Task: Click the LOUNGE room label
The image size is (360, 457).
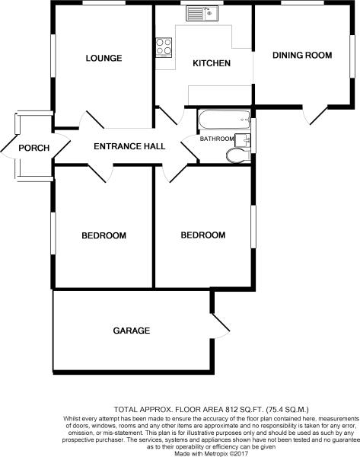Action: [x=104, y=58]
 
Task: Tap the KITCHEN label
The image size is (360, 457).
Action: [x=212, y=63]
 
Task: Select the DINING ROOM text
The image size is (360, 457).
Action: [x=302, y=55]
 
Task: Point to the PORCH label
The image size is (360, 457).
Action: [x=34, y=148]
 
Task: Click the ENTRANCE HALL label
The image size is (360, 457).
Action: [x=129, y=146]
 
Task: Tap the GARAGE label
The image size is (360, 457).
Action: [x=132, y=331]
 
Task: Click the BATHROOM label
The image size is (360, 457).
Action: [x=217, y=139]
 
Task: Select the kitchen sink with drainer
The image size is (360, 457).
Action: [x=202, y=14]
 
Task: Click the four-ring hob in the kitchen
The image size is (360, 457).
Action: [x=164, y=47]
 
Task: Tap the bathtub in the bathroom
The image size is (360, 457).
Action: [x=224, y=120]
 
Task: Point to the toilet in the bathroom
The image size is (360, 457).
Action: [x=238, y=155]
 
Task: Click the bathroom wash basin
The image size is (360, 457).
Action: [x=243, y=140]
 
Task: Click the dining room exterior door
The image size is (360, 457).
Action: [x=315, y=115]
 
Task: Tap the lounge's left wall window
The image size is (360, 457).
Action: [x=53, y=56]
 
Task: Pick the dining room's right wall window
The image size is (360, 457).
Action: [x=352, y=56]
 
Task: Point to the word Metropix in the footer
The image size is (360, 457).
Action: [x=216, y=454]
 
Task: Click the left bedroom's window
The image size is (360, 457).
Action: [x=53, y=233]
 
